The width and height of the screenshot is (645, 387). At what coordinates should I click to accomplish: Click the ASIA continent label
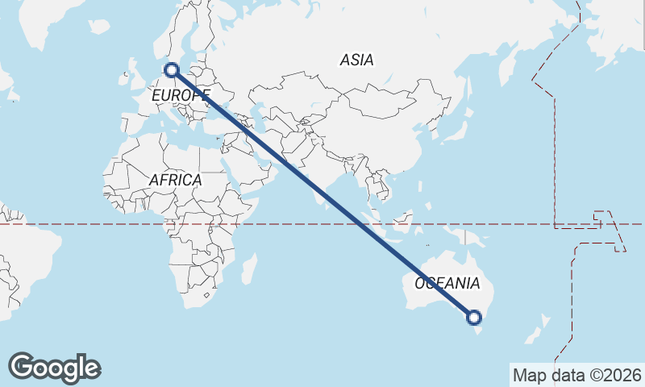pyautogui.click(x=356, y=60)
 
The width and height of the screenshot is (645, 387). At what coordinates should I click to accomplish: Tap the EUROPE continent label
pyautogui.click(x=180, y=95)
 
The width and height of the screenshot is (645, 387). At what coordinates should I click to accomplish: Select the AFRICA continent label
pyautogui.click(x=175, y=180)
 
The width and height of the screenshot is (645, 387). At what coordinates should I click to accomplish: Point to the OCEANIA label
pyautogui.click(x=447, y=284)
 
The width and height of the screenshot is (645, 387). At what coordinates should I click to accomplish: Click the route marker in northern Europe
pyautogui.click(x=172, y=70)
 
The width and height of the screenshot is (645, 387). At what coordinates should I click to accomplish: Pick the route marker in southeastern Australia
pyautogui.click(x=475, y=318)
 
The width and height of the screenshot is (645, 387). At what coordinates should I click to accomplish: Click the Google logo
pyautogui.click(x=54, y=368)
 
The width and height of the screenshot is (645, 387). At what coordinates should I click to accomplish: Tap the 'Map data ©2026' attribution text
pyautogui.click(x=576, y=375)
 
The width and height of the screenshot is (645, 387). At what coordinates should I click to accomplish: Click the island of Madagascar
pyautogui.click(x=249, y=268)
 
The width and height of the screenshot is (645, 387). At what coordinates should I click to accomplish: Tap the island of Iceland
pyautogui.click(x=98, y=27)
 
